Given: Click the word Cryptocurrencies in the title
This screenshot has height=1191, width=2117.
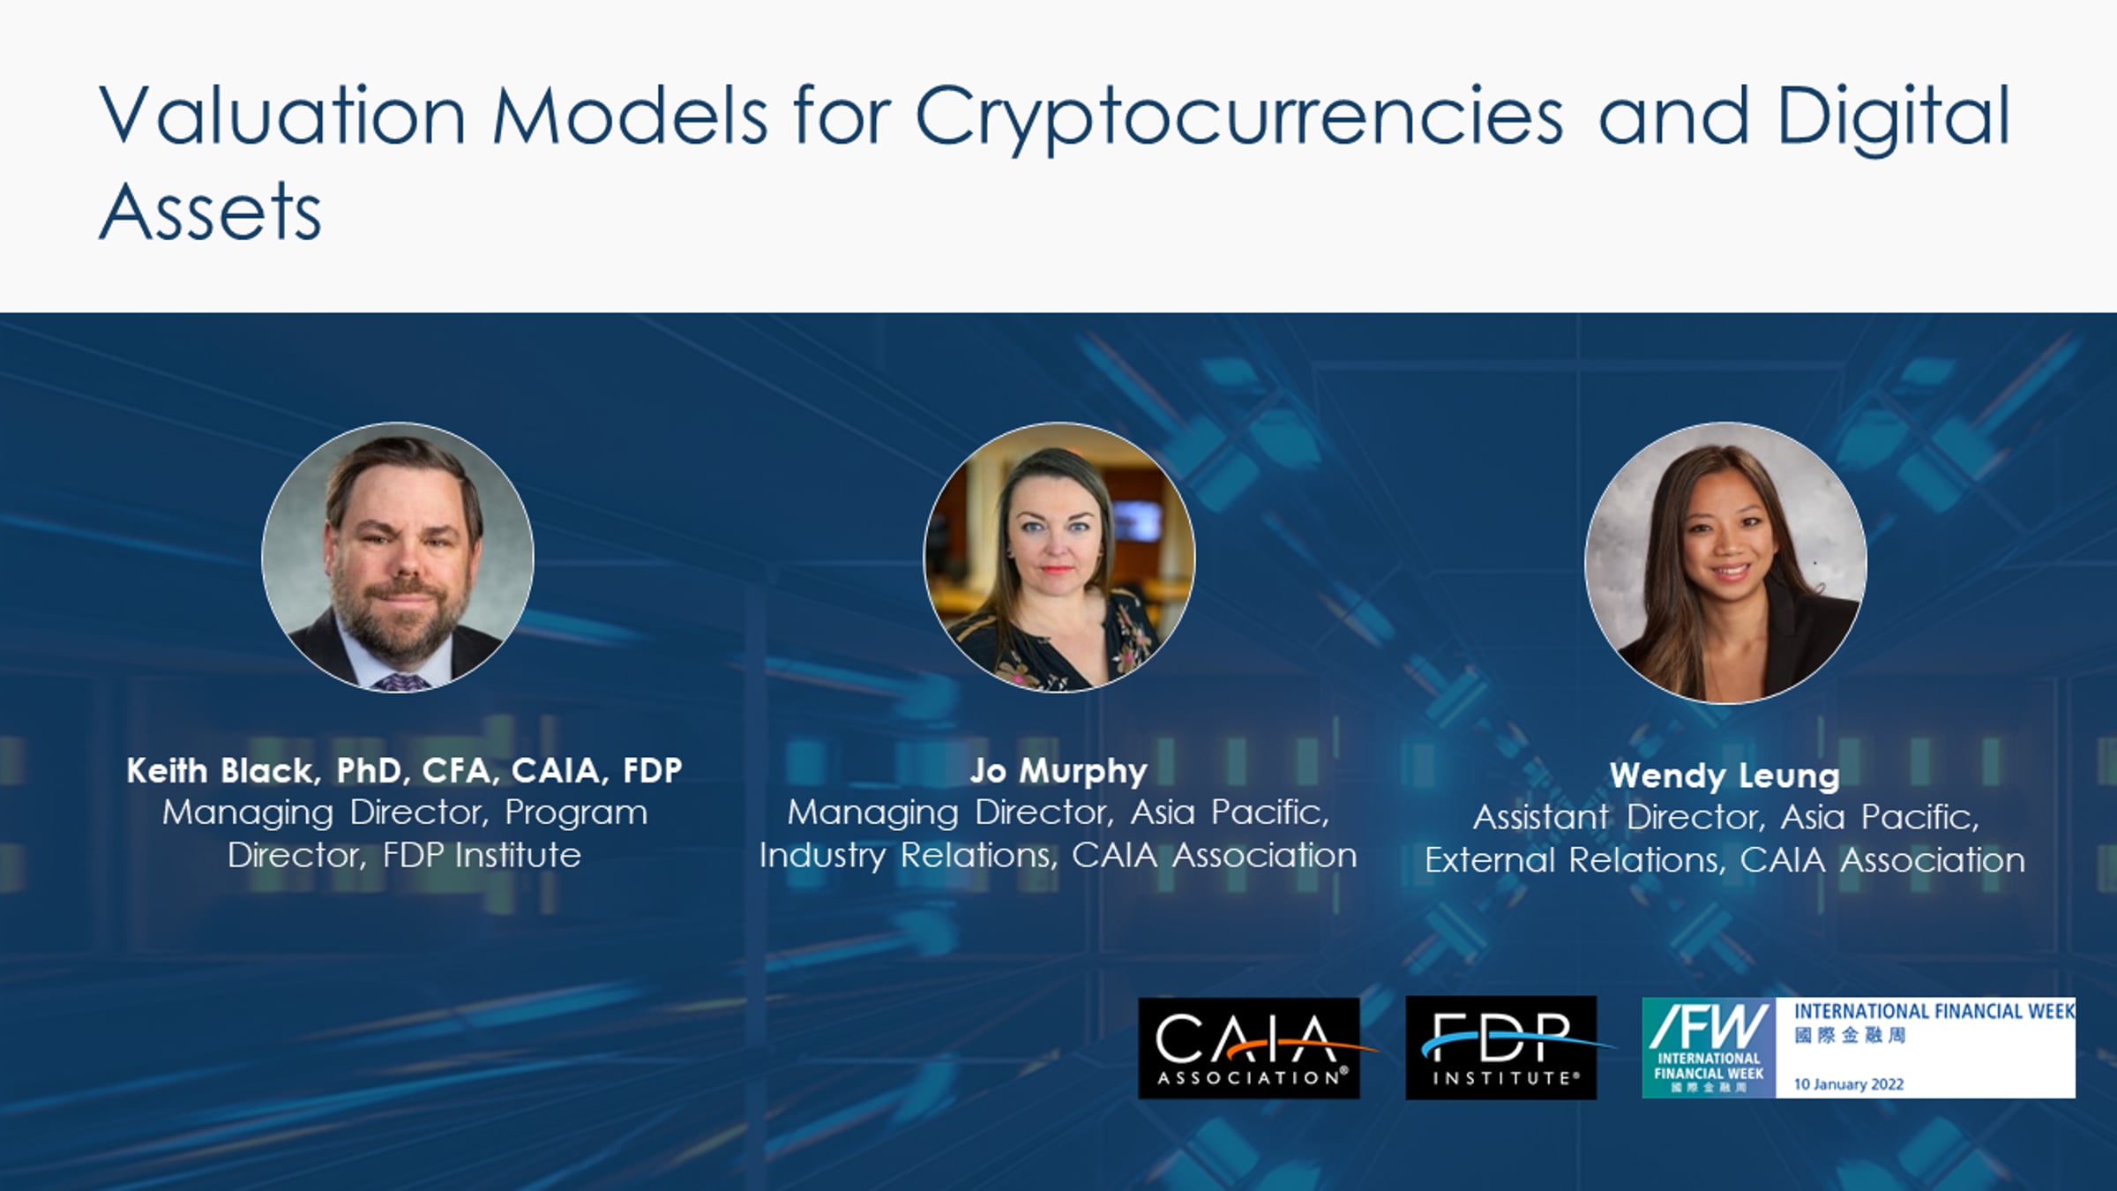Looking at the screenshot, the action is pyautogui.click(x=1239, y=119).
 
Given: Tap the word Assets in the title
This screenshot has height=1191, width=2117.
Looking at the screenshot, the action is pyautogui.click(x=211, y=211).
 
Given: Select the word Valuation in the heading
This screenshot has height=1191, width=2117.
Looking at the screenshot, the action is pyautogui.click(x=282, y=115).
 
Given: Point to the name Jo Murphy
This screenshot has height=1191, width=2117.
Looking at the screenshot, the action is pyautogui.click(x=1058, y=772).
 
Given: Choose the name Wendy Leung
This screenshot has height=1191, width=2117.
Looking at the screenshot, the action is pyautogui.click(x=1725, y=775).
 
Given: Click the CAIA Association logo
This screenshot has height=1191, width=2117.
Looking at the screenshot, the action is pyautogui.click(x=1249, y=1048).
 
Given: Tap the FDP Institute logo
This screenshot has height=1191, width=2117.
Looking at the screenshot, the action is pyautogui.click(x=1501, y=1048).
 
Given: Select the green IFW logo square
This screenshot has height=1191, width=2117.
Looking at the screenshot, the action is pyautogui.click(x=1709, y=1048).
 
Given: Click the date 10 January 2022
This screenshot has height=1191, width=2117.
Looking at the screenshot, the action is pyautogui.click(x=1849, y=1084).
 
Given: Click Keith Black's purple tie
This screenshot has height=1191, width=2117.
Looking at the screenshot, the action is pyautogui.click(x=401, y=682).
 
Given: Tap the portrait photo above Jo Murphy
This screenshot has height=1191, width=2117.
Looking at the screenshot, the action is pyautogui.click(x=1058, y=558).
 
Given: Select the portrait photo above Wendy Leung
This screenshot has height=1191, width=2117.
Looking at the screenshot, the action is pyautogui.click(x=1725, y=563).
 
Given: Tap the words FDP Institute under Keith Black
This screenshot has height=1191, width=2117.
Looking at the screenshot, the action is pyautogui.click(x=482, y=855).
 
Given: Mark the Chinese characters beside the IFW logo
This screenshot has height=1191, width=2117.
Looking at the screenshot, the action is pyautogui.click(x=1850, y=1035).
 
